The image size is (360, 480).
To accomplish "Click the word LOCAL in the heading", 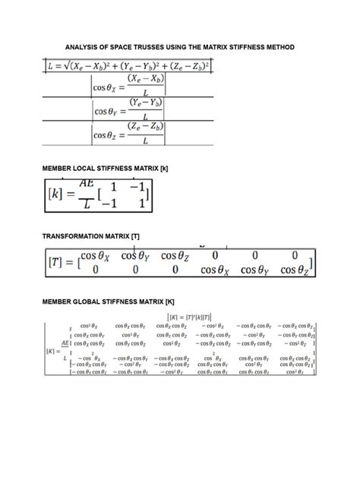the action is point(89,166).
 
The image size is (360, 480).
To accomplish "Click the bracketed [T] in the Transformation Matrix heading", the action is point(135,236).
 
